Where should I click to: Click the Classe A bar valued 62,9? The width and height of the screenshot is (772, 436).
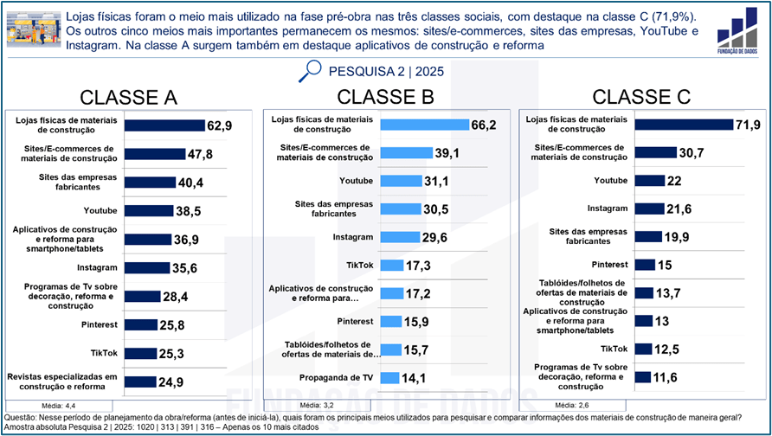click(x=164, y=125)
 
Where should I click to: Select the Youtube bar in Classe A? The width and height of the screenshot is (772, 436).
click(x=148, y=210)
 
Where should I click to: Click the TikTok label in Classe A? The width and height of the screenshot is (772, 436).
click(x=104, y=353)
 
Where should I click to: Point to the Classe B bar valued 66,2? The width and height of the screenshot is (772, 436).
click(x=424, y=125)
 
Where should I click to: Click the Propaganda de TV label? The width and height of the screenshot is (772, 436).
click(x=337, y=377)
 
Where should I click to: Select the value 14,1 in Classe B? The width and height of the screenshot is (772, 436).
click(x=412, y=378)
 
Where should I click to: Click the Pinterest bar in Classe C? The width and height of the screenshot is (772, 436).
click(x=643, y=265)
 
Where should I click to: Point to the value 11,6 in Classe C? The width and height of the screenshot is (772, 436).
click(x=667, y=377)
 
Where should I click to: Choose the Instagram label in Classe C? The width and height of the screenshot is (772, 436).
click(x=608, y=208)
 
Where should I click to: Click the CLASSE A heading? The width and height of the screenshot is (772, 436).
click(x=128, y=97)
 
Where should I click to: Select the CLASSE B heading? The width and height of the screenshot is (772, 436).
click(x=385, y=96)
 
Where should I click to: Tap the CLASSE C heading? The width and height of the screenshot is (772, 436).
click(x=641, y=96)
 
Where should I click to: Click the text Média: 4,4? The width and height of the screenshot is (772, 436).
click(x=60, y=405)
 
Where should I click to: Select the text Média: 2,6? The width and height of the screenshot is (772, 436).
click(x=572, y=405)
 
